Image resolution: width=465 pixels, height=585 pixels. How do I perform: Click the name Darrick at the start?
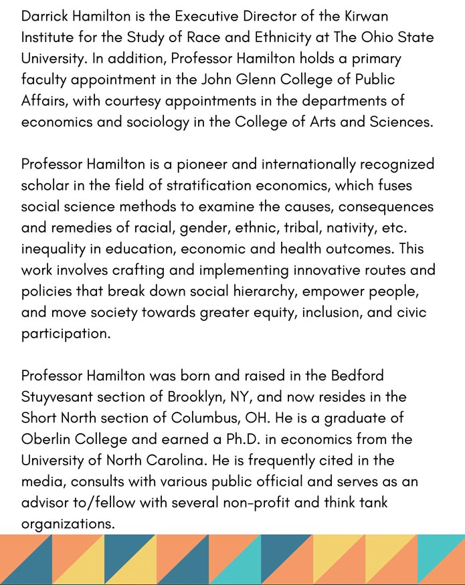(44, 15)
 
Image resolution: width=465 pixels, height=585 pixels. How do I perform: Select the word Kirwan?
(365, 15)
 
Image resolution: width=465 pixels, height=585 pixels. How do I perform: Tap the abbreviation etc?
(418, 228)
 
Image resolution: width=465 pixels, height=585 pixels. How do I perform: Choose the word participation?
(66, 334)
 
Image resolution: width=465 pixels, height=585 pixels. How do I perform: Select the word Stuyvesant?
(56, 398)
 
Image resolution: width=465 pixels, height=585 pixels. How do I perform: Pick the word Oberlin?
(46, 440)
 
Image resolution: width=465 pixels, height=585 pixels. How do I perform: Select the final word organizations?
(68, 525)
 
